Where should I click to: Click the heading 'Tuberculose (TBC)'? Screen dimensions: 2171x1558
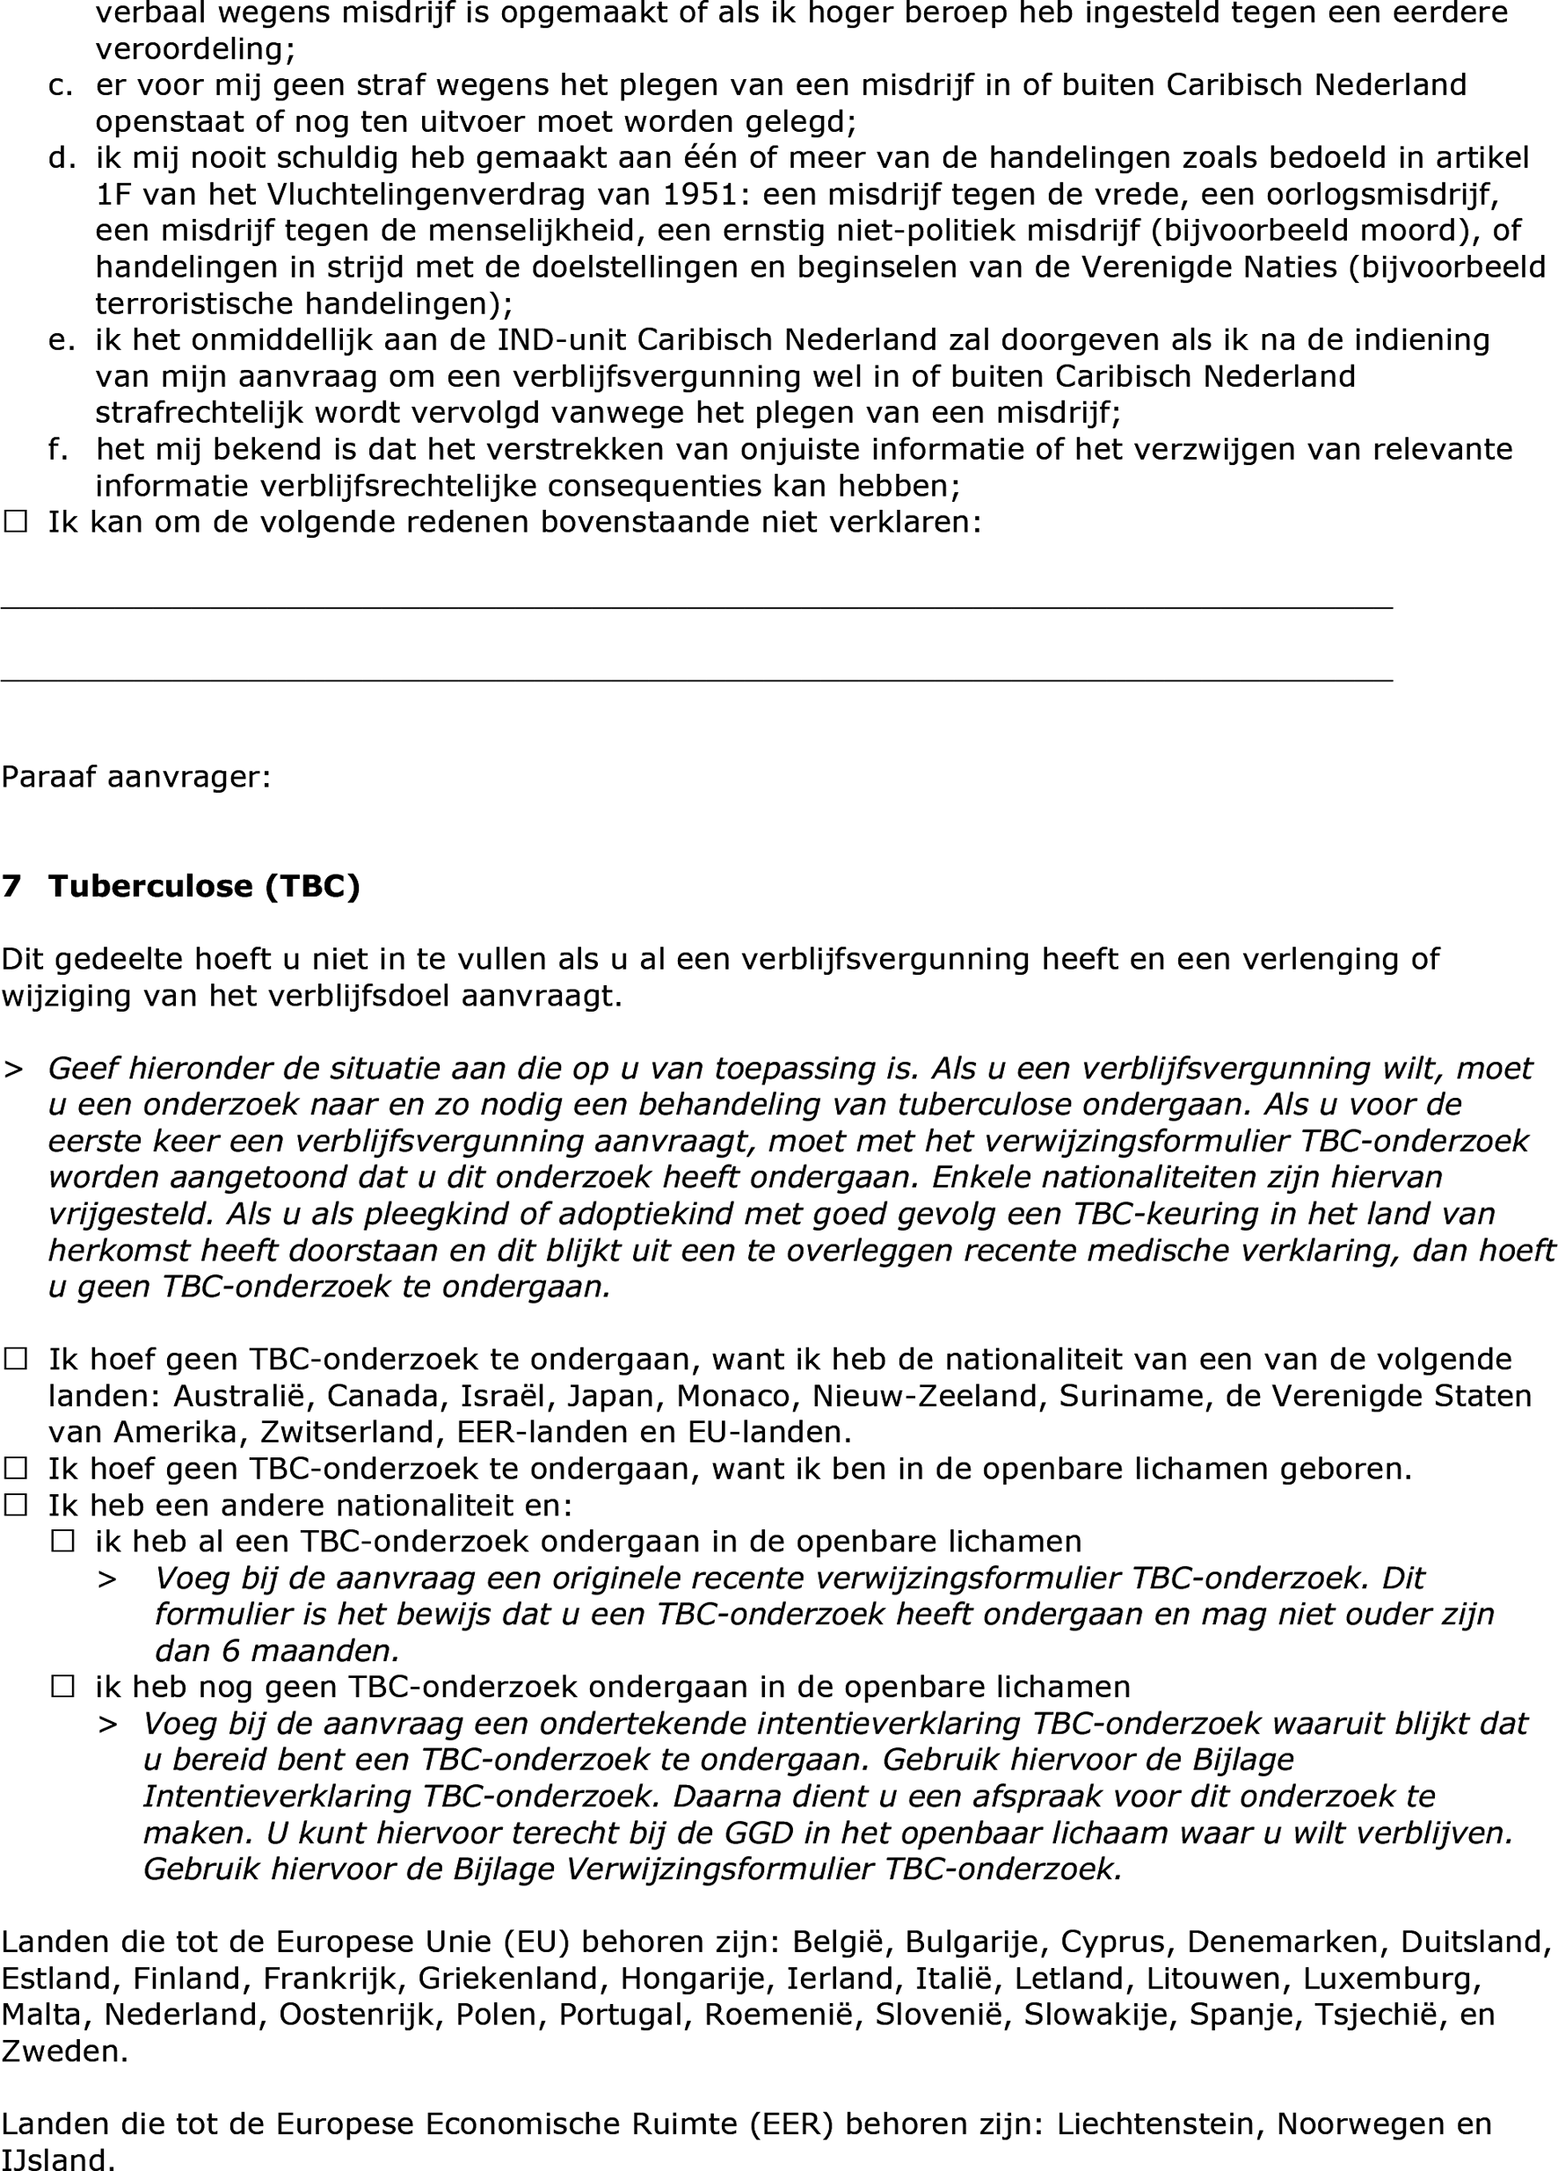click(x=204, y=886)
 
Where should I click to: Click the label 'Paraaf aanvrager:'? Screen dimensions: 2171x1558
click(x=136, y=776)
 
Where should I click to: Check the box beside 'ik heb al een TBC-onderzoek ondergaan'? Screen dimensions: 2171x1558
click(x=63, y=1542)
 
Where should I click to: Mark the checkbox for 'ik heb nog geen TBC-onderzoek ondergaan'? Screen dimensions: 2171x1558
click(x=63, y=1687)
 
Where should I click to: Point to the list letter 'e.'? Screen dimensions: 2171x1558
click(x=62, y=340)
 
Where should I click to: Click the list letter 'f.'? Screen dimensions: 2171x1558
click(x=58, y=449)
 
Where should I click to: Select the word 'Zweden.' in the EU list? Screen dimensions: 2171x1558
click(x=64, y=2051)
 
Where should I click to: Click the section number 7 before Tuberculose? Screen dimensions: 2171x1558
click(x=11, y=886)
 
